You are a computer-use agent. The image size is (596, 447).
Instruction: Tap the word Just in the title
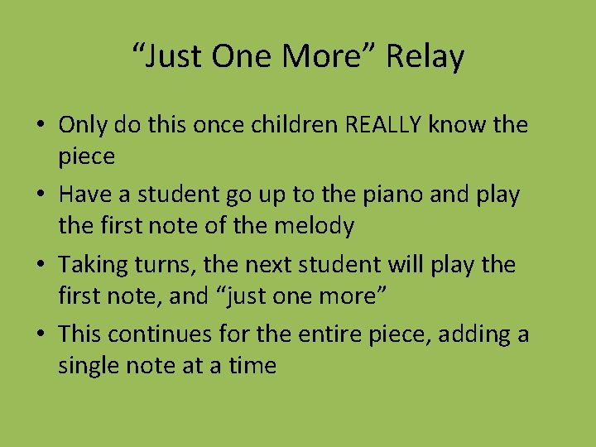[175, 57]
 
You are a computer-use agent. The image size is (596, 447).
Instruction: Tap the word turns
[153, 265]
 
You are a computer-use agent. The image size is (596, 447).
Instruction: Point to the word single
[86, 365]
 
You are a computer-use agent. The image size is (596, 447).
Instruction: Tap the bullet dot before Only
[40, 126]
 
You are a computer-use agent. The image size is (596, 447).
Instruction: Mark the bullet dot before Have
[40, 196]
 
